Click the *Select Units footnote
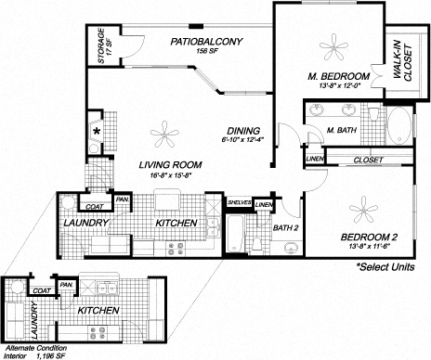[x=388, y=266]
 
